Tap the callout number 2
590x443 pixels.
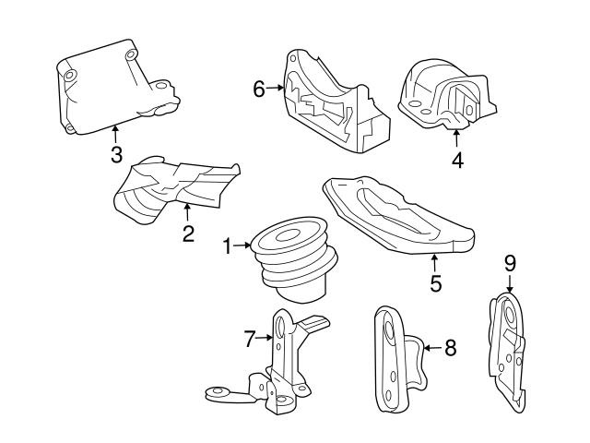[x=188, y=233]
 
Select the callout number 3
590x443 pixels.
[x=116, y=154]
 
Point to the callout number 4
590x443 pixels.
[x=457, y=161]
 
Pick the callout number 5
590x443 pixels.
[x=435, y=283]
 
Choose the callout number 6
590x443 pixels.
[x=259, y=89]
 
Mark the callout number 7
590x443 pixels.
[x=248, y=339]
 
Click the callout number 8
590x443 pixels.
[x=450, y=348]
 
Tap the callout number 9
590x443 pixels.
[x=510, y=265]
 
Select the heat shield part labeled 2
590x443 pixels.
[x=171, y=189]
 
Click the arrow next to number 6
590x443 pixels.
[x=275, y=89]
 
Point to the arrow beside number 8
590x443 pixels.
[x=431, y=348]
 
